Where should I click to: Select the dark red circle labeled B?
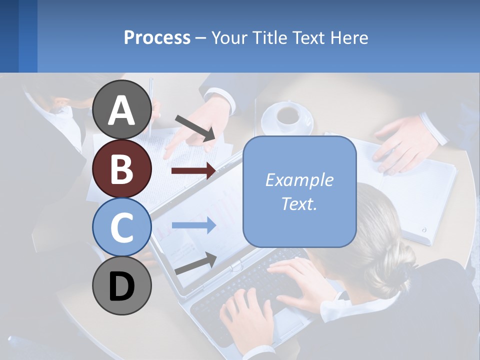click(x=121, y=168)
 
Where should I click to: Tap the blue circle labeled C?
click(x=121, y=227)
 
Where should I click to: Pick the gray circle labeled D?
click(x=121, y=285)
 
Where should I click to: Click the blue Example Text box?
click(x=299, y=191)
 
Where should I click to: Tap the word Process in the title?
click(x=157, y=37)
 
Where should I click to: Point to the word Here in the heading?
click(x=348, y=37)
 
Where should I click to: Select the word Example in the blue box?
click(x=299, y=180)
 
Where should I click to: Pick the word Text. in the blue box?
click(x=299, y=203)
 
